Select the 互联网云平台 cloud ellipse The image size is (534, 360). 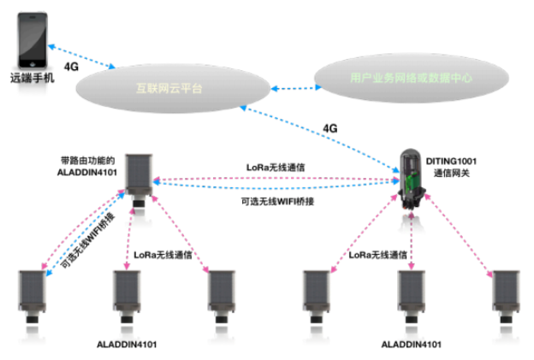pyautogui.click(x=169, y=88)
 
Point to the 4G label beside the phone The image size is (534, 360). pyautogui.click(x=73, y=66)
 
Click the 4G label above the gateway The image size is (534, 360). pyautogui.click(x=330, y=127)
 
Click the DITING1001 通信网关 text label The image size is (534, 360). pyautogui.click(x=458, y=167)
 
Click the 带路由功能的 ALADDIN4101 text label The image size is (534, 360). pyautogui.click(x=86, y=165)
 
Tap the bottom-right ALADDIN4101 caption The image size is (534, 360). pyautogui.click(x=412, y=343)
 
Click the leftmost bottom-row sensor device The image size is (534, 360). pyautogui.click(x=33, y=296)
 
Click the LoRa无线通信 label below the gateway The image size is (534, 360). pyautogui.click(x=377, y=254)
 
